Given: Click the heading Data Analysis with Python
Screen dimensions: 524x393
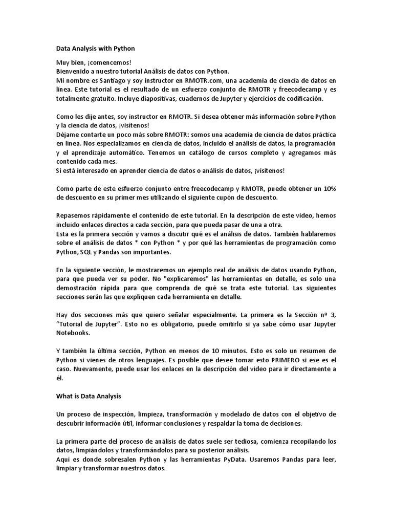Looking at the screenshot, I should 95,49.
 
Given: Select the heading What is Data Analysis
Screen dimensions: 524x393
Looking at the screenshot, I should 88,396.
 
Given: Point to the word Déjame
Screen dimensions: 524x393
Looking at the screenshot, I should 68,135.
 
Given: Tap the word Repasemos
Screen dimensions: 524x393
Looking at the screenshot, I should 75,215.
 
